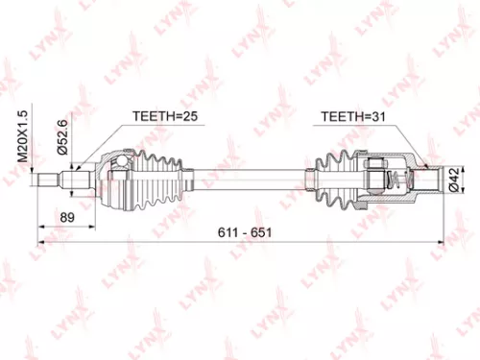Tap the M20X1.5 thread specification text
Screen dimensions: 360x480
coord(26,137)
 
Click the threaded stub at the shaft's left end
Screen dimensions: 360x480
coord(48,179)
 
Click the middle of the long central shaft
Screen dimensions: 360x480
coord(240,179)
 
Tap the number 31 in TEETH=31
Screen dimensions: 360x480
coord(373,116)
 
